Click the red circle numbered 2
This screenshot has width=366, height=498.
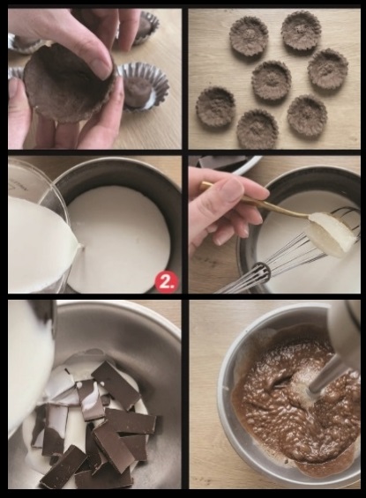pos(167,282)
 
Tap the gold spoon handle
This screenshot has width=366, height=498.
pos(254,199)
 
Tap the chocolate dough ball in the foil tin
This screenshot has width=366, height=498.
pos(138,91)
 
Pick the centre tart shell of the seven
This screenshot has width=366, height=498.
pos(272,80)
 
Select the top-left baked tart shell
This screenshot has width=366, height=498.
pos(249,36)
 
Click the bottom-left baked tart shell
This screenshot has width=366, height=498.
pos(215,107)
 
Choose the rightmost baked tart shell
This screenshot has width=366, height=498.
pos(328,69)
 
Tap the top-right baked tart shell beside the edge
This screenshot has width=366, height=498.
pos(300,30)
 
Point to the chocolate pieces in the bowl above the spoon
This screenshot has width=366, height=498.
pos(222,161)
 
